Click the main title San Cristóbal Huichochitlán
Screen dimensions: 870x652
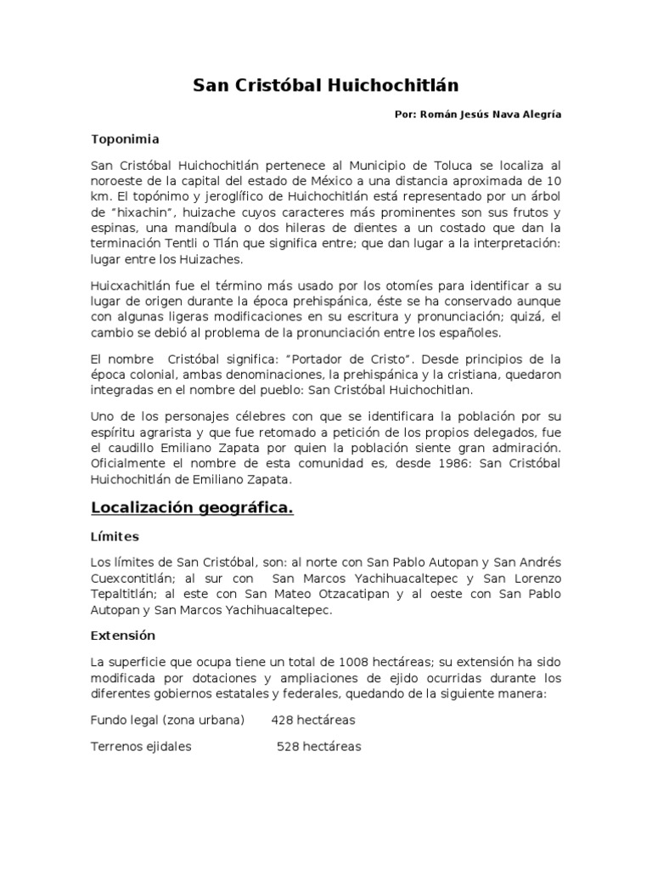coord(325,85)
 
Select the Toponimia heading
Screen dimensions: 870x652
coord(125,138)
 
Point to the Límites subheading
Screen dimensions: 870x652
coord(116,538)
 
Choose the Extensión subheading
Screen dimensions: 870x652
coord(124,636)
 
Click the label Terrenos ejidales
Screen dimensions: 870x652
coord(141,747)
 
